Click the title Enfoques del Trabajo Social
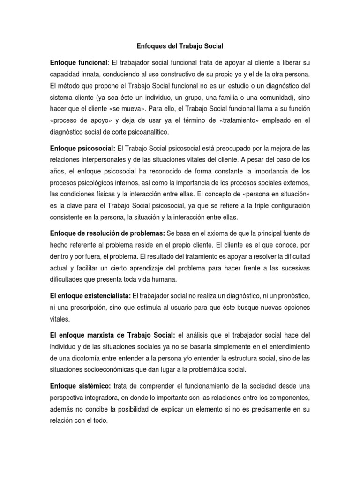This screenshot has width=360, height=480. (180, 46)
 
